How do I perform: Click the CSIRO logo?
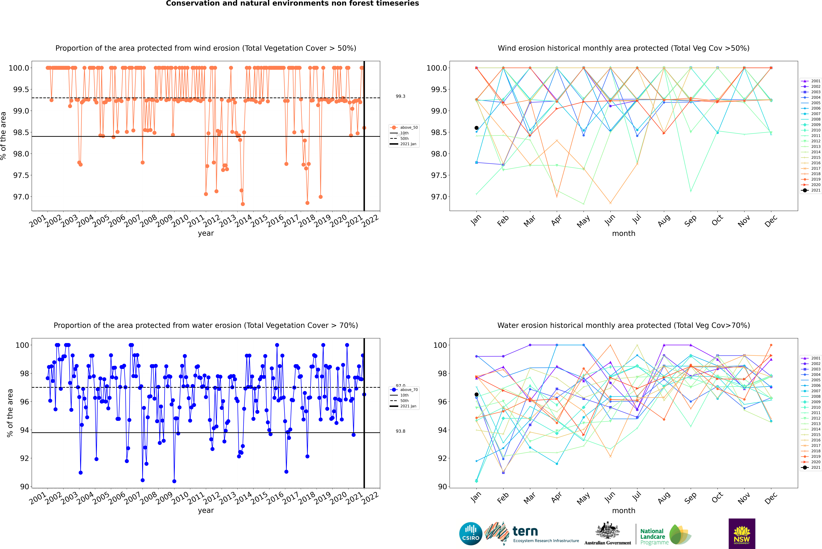click(471, 534)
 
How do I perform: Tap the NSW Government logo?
click(742, 534)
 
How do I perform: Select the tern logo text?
click(525, 532)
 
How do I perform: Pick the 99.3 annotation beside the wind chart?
click(401, 96)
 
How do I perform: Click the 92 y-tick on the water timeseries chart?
click(25, 458)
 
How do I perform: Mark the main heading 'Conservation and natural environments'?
click(292, 3)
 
